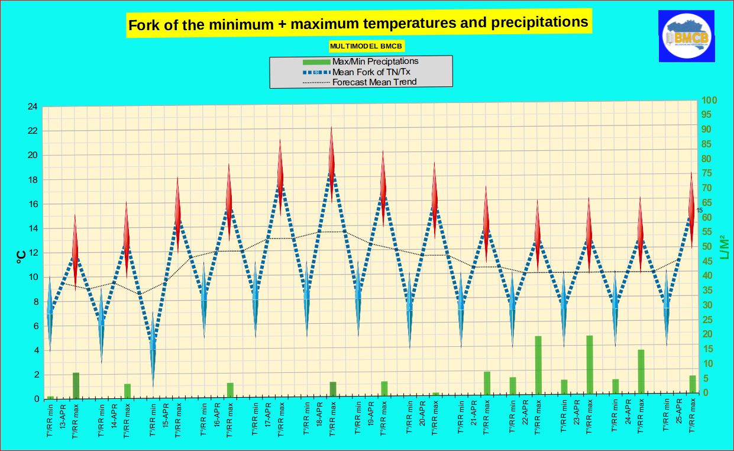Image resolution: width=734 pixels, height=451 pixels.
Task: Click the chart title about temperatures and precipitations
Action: coord(358,24)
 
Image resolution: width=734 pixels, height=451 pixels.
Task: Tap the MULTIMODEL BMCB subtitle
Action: coord(367,46)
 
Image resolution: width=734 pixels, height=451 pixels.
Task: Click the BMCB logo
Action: coord(686,36)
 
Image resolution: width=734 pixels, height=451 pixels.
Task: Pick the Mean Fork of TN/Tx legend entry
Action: coord(371,72)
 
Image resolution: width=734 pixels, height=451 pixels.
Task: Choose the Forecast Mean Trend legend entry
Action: coord(374,82)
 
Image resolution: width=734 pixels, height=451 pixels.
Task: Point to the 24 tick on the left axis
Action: coord(32,107)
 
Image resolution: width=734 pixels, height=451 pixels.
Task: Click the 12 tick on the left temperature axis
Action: coord(32,253)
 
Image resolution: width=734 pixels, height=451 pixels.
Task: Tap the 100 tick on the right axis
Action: coord(709,101)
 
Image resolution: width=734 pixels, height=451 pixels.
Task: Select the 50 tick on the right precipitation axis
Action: coord(707,247)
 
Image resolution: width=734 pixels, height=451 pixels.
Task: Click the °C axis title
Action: coord(20,255)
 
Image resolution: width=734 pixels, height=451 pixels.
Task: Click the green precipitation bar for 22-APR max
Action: coord(538,365)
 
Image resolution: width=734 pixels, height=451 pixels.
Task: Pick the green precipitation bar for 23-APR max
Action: coord(590,365)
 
